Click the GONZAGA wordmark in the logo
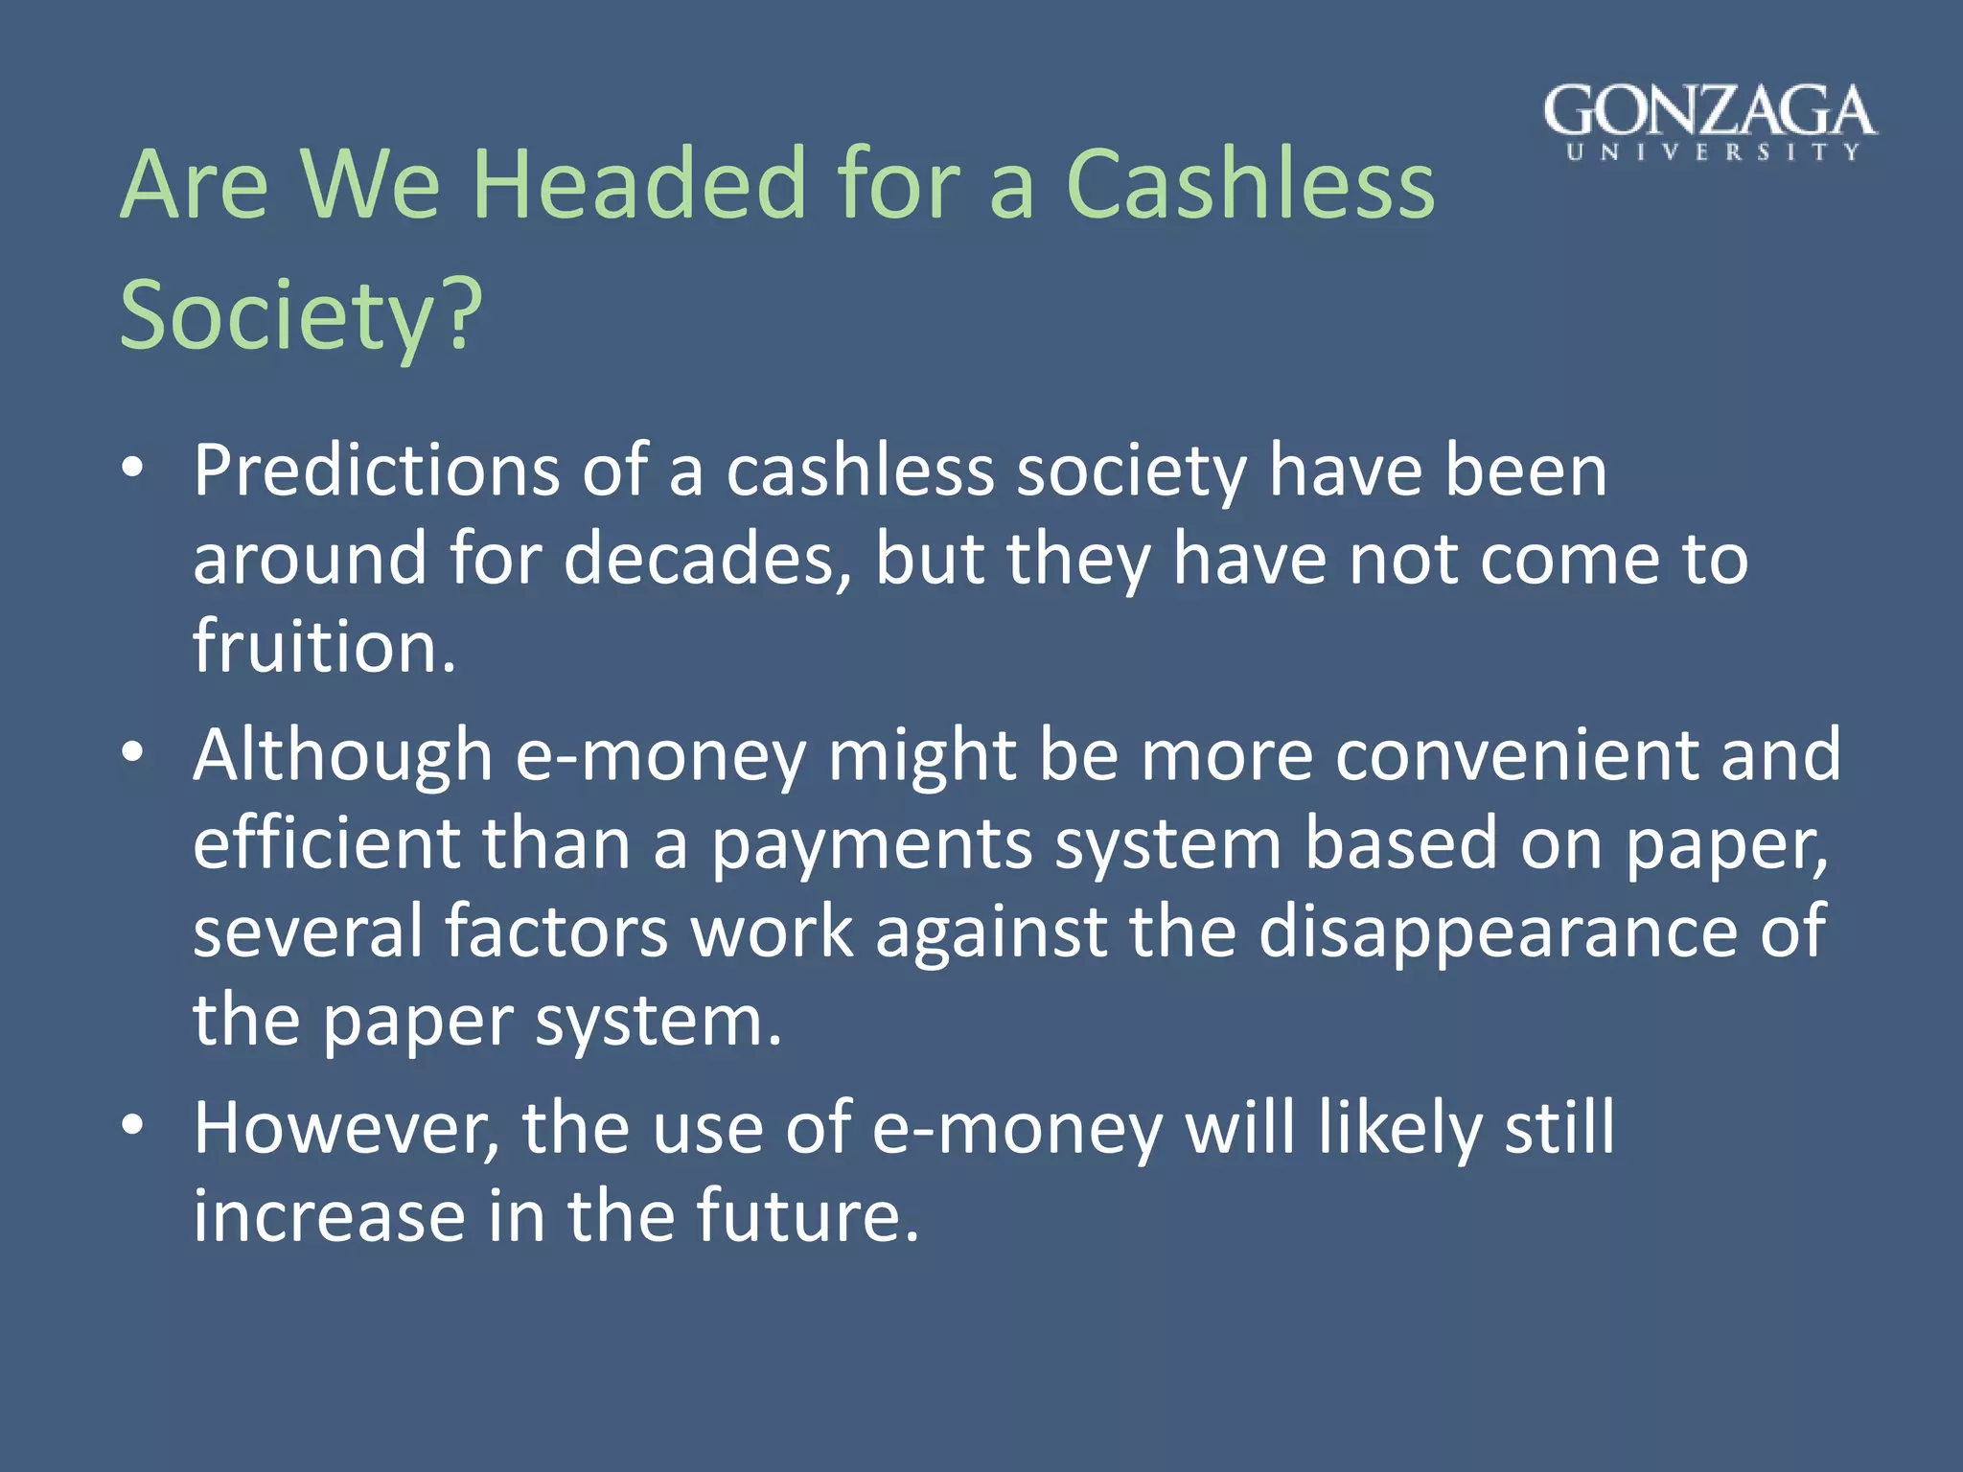[x=1709, y=111]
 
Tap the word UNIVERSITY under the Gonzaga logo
[x=1713, y=152]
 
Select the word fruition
[x=324, y=646]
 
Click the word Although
[x=342, y=755]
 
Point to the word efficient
[x=326, y=843]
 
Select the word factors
[x=556, y=931]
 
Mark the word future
[x=807, y=1215]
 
